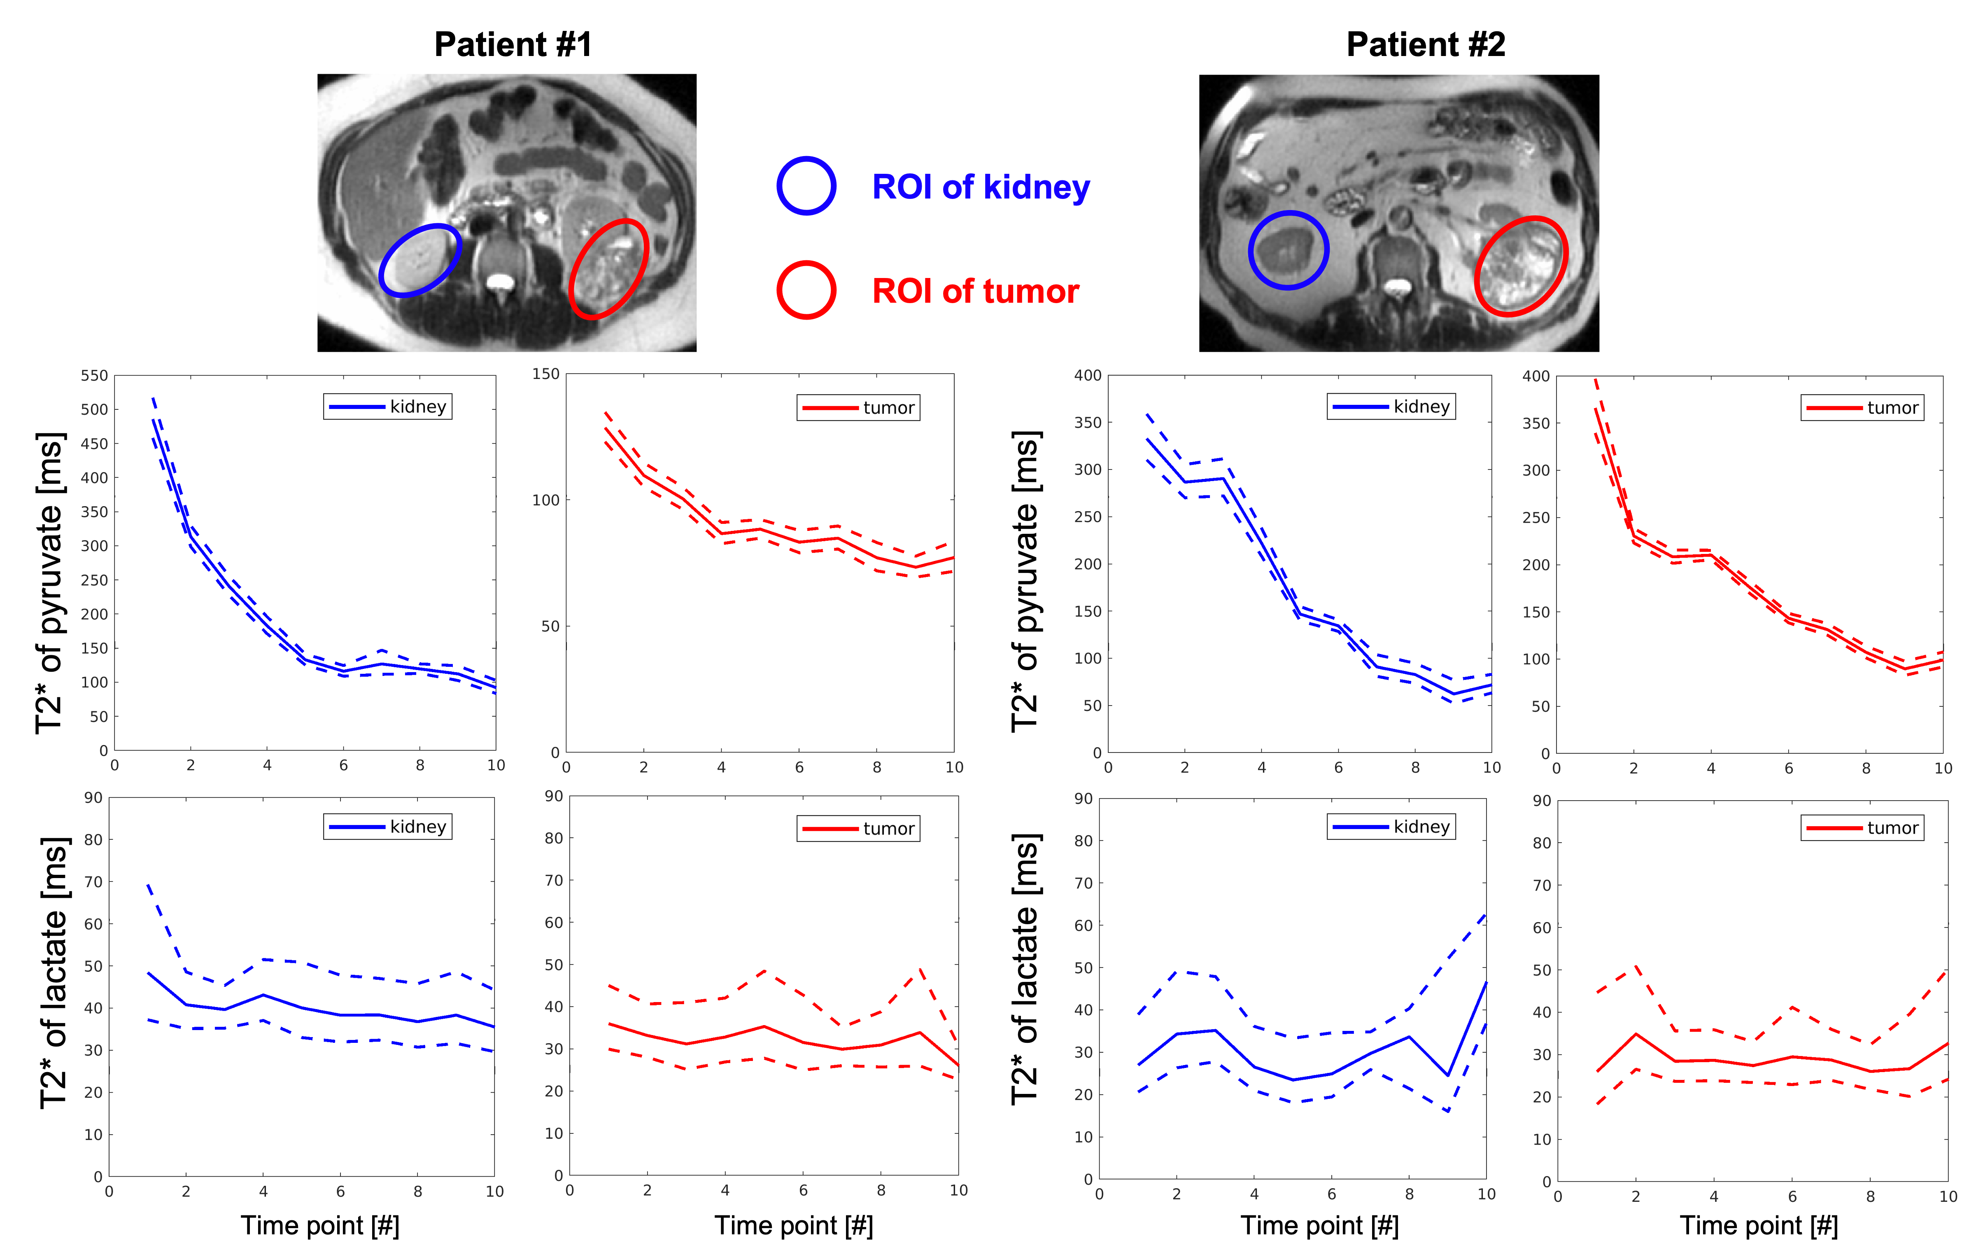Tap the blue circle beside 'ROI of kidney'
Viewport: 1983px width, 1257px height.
[806, 186]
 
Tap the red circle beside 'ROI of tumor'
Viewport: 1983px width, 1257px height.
[806, 290]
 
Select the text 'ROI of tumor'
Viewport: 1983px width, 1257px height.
[975, 292]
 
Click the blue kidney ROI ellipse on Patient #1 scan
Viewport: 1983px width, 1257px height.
[420, 260]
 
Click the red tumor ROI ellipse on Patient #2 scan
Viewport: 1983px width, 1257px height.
[1520, 266]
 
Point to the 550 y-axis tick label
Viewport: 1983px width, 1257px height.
[94, 376]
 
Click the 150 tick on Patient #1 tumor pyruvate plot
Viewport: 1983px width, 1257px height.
[545, 374]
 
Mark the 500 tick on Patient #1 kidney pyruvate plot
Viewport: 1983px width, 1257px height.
[94, 409]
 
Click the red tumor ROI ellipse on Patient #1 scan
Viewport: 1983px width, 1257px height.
[608, 269]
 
